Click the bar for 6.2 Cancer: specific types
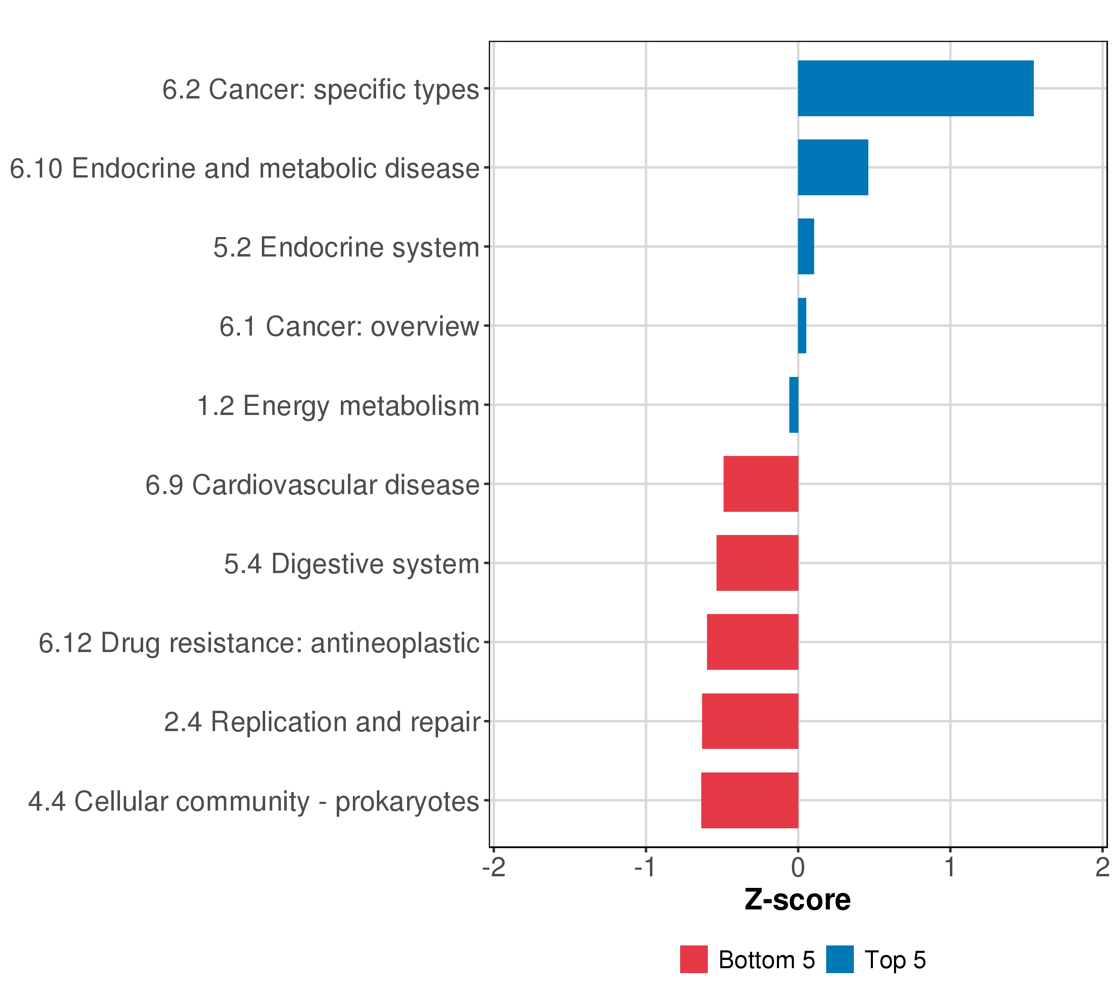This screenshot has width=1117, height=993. coord(916,88)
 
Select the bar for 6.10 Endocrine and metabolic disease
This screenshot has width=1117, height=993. coord(833,167)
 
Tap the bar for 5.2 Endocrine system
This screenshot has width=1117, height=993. coord(806,247)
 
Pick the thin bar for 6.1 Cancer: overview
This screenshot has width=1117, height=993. coord(802,326)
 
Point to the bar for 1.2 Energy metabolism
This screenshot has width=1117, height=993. coord(793,405)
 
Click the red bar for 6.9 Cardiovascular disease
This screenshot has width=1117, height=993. coord(761,484)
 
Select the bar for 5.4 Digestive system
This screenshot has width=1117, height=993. coord(757,563)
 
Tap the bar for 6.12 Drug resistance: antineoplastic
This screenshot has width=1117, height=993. coord(753,642)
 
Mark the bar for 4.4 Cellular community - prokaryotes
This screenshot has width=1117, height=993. coord(749,800)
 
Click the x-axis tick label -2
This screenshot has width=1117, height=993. coord(494,867)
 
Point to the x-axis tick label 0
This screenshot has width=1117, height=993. coord(798,867)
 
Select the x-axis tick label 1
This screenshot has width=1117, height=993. coord(950,867)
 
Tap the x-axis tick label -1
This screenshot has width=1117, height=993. coord(645,867)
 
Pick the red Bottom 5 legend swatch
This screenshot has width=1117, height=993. coord(693,959)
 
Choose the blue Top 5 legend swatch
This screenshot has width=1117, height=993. coord(839,959)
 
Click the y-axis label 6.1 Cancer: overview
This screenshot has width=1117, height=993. coord(349,327)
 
